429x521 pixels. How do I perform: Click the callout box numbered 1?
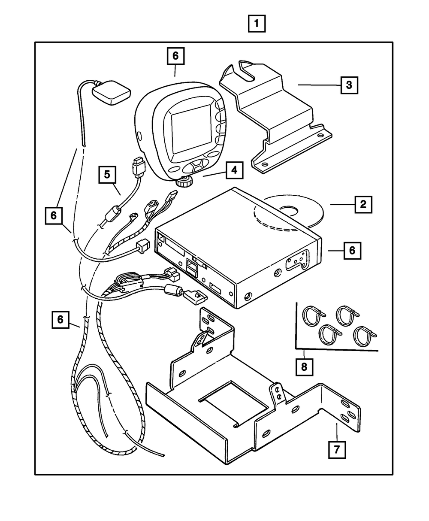257,24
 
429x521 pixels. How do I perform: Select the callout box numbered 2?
363,204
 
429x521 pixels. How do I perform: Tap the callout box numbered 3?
349,85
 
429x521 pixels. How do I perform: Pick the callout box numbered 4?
235,170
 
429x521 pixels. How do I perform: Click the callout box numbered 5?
107,174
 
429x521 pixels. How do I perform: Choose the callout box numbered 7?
337,449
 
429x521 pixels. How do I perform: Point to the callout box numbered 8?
304,367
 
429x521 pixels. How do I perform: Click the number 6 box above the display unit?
175,56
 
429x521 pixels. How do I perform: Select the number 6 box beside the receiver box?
353,251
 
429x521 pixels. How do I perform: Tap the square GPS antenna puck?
111,92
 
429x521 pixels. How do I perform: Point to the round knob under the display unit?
184,182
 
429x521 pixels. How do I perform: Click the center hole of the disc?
289,211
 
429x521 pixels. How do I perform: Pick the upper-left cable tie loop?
313,316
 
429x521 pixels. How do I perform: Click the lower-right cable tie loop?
365,336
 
